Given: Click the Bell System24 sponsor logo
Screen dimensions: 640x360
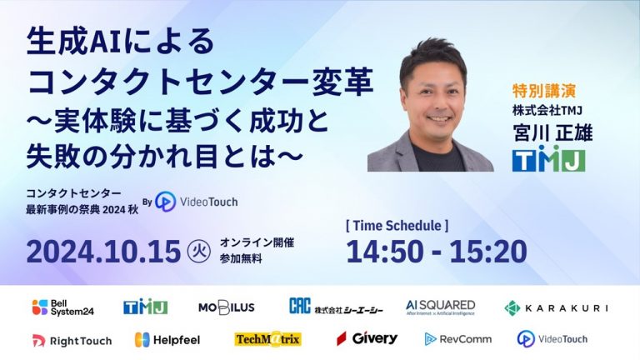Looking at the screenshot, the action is click(62, 307).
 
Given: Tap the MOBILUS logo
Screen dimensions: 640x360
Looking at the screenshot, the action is click(227, 307).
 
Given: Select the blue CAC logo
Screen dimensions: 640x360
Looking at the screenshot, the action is click(300, 306).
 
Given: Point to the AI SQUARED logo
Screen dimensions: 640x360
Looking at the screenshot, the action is click(440, 307).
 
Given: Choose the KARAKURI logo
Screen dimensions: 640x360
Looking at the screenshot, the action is click(556, 308).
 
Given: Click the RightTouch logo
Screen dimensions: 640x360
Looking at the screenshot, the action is click(72, 341).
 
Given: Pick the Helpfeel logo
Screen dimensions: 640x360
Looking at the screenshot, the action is click(167, 340).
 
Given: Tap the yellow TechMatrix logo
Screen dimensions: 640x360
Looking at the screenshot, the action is click(267, 339).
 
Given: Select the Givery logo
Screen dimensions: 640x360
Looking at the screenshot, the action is click(367, 338).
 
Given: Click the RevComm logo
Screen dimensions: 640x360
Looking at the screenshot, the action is click(458, 339).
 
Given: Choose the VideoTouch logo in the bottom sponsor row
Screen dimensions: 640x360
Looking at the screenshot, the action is click(552, 339).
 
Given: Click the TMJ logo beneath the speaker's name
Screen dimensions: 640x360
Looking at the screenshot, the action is click(548, 159).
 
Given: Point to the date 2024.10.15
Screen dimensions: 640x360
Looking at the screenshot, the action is click(103, 251).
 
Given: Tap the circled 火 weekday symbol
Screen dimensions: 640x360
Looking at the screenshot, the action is click(199, 251).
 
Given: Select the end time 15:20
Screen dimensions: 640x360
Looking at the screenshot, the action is click(488, 251).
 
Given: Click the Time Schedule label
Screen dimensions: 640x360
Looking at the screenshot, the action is click(397, 225).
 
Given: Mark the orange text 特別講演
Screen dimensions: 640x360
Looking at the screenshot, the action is click(544, 91).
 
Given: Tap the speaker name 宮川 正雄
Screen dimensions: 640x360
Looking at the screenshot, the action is click(552, 132).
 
